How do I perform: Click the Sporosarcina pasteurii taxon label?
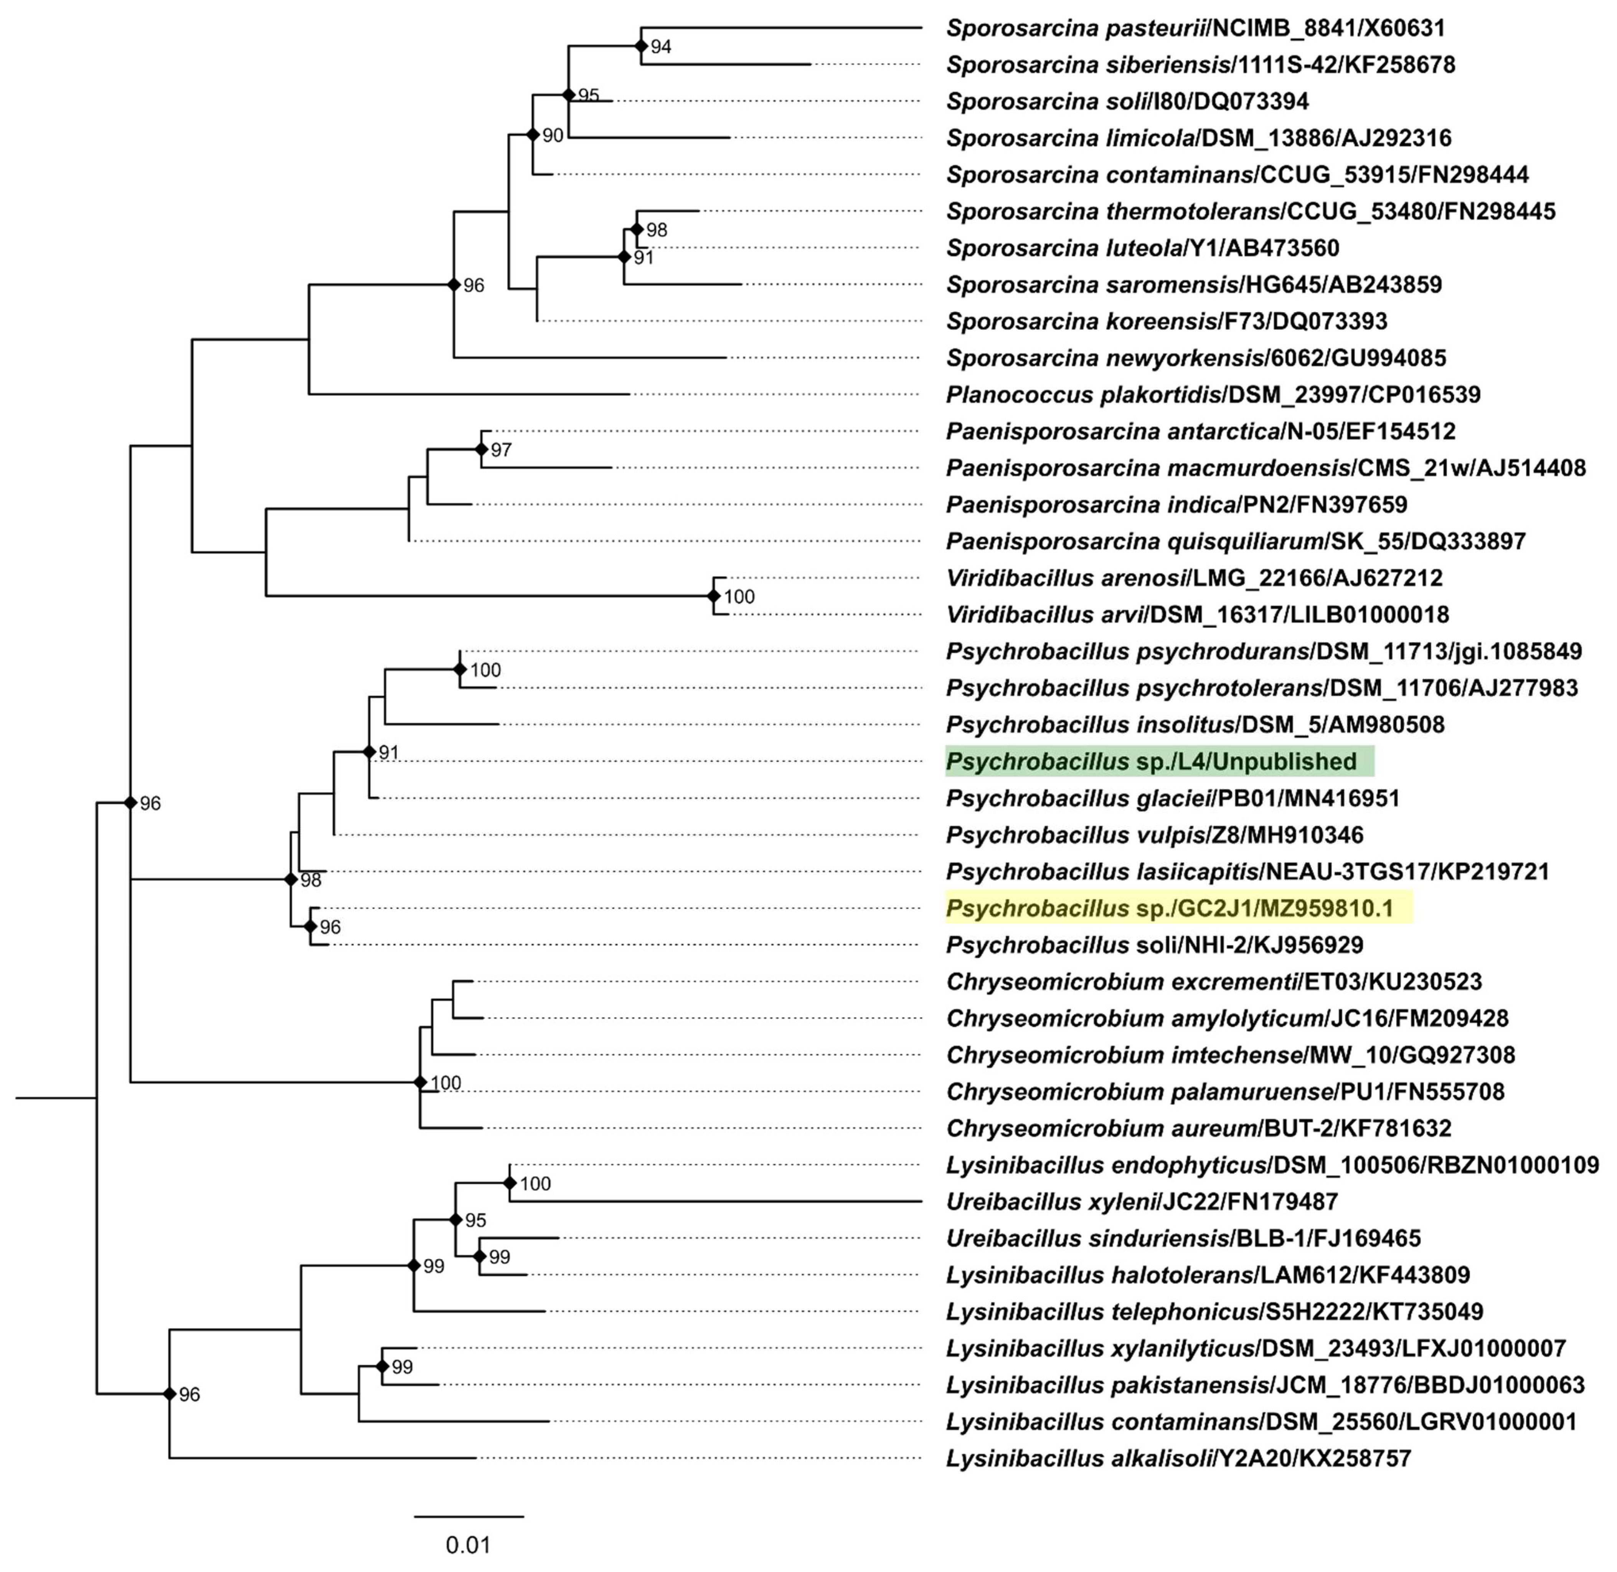tap(1195, 28)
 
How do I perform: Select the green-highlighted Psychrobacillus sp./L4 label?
tap(1159, 761)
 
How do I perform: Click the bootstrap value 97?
tap(501, 450)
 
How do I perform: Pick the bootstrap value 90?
tap(552, 136)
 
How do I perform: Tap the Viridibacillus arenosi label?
tap(1193, 578)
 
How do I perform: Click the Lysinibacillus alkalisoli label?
tap(1178, 1458)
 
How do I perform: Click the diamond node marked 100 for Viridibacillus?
tap(713, 596)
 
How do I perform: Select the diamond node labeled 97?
tap(481, 450)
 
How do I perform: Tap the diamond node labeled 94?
tap(640, 46)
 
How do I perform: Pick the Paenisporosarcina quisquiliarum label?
tap(1235, 542)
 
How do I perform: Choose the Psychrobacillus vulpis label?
tap(1154, 835)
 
